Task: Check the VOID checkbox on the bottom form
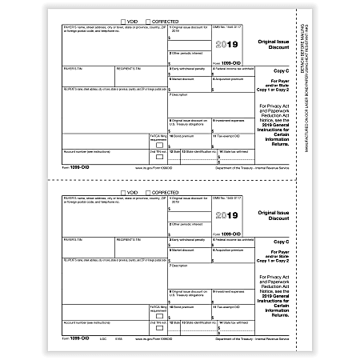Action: click(122, 192)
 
